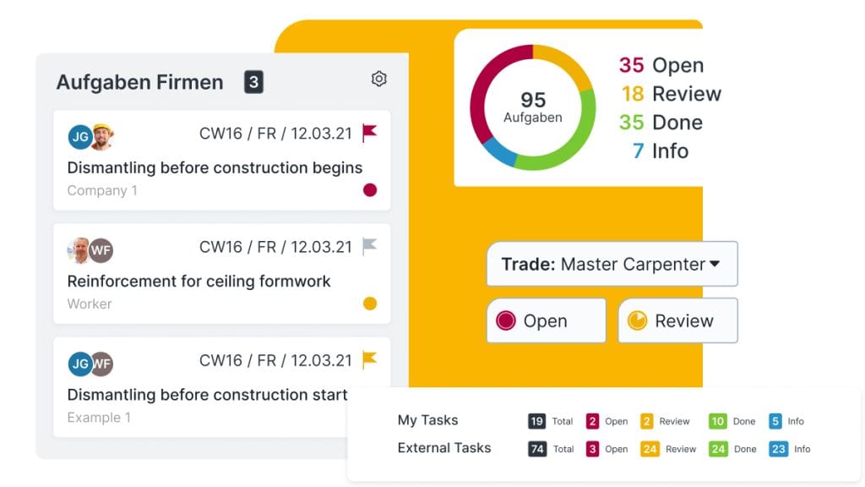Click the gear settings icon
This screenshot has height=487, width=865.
tap(379, 79)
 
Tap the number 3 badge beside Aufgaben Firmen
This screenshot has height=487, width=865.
tap(253, 82)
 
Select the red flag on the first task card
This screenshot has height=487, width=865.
tap(369, 133)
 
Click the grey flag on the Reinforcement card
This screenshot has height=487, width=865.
tap(369, 246)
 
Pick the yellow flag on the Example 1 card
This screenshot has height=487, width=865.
tap(369, 359)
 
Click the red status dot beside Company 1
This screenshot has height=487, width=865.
tap(369, 190)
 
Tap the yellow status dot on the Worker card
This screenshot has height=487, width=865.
tap(369, 304)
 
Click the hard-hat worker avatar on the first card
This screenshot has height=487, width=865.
tap(102, 136)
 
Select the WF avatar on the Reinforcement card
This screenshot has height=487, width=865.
tap(101, 250)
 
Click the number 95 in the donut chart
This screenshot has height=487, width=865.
tap(533, 100)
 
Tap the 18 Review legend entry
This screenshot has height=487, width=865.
tap(671, 94)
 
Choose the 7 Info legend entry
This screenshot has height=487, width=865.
tap(660, 151)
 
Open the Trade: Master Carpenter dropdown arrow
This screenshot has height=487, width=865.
tap(715, 264)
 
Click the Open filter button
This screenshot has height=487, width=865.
tap(546, 320)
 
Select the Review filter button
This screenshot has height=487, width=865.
tap(677, 320)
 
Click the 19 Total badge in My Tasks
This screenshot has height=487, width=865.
tap(536, 421)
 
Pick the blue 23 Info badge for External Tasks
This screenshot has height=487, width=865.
tap(778, 449)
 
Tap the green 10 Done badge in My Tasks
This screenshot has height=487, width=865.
tap(718, 421)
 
